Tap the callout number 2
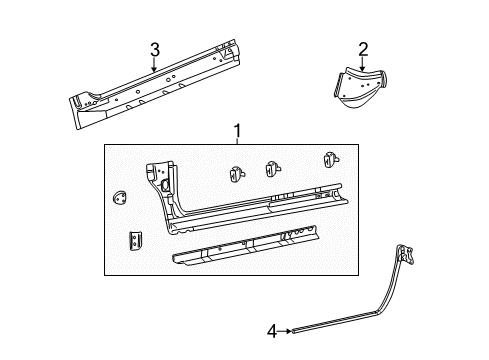363,48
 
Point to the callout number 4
271,329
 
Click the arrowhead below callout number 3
154,70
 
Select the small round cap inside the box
120,197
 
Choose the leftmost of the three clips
239,172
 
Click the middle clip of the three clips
273,169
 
